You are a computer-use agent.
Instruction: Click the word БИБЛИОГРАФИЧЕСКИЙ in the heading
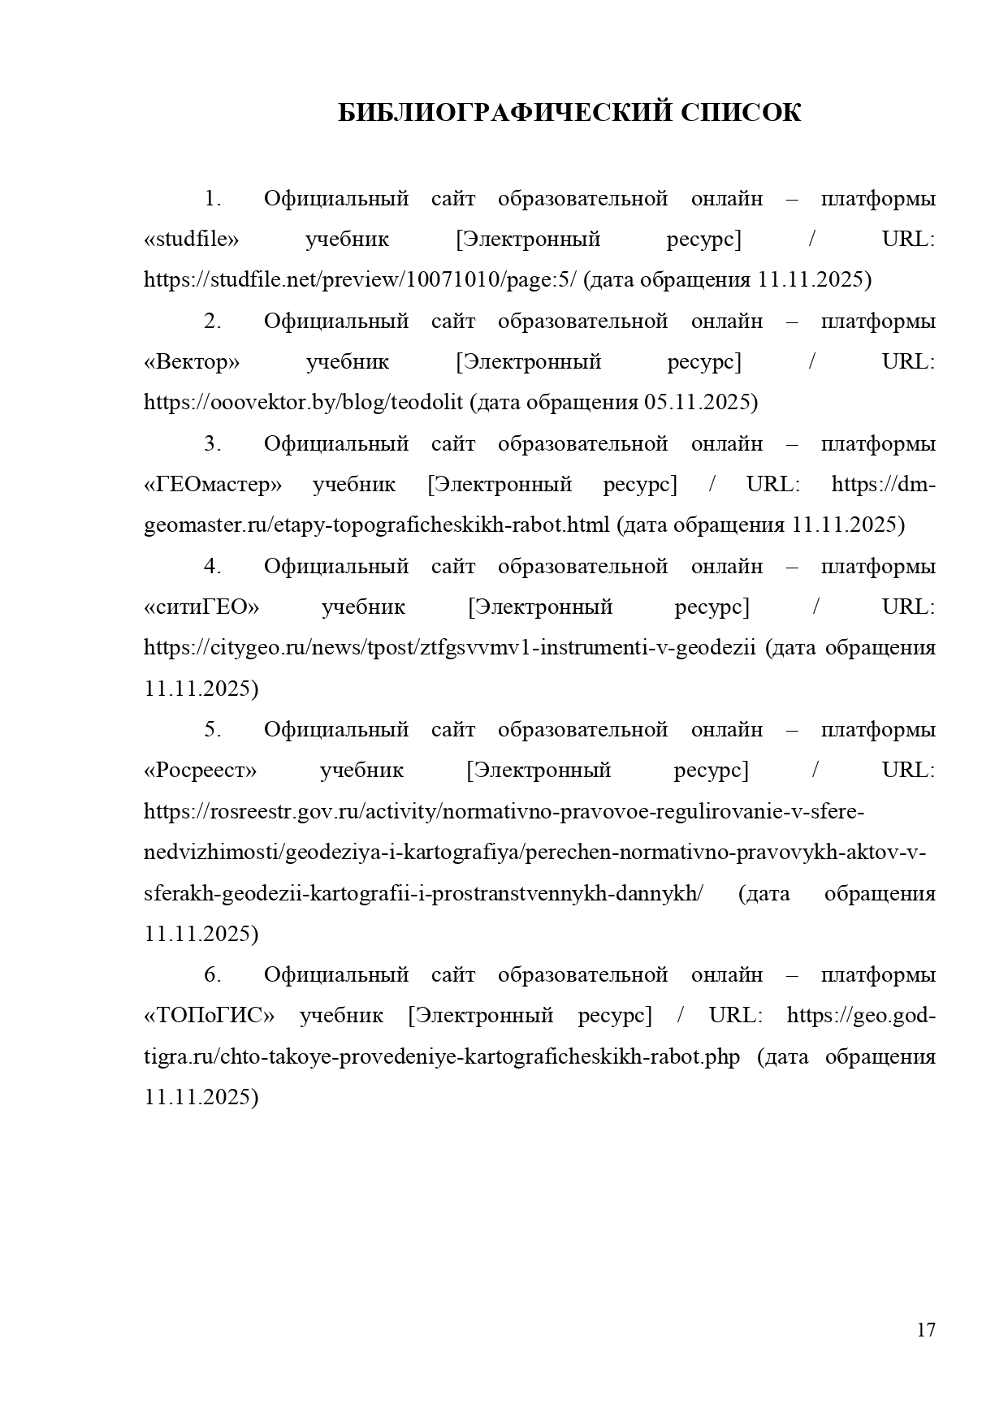click(x=504, y=112)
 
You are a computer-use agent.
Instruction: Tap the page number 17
click(x=926, y=1330)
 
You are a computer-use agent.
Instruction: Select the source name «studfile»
click(x=192, y=240)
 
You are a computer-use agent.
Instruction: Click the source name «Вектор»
click(x=192, y=362)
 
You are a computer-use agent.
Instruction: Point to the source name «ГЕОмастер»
click(x=213, y=485)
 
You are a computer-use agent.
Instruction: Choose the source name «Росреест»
click(x=200, y=771)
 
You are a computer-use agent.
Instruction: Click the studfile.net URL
click(x=360, y=280)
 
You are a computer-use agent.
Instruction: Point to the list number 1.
click(x=212, y=199)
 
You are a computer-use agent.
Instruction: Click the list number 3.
click(x=212, y=444)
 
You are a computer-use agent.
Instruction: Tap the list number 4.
click(x=212, y=567)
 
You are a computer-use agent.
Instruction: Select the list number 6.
click(x=212, y=975)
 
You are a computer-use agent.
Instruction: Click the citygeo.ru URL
click(x=450, y=648)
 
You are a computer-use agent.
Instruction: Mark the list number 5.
click(x=212, y=730)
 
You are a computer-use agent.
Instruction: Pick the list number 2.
click(x=212, y=322)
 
